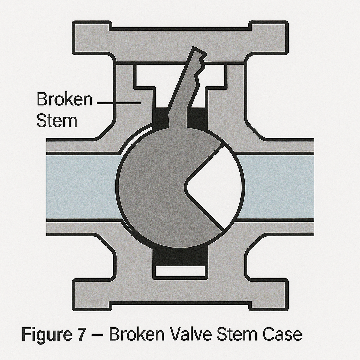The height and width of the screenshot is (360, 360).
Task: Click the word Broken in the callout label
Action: click(64, 99)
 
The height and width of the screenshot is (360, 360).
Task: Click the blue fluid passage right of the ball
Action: click(278, 186)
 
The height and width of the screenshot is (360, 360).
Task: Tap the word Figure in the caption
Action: click(46, 335)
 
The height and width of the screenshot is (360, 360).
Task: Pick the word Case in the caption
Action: click(281, 334)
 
